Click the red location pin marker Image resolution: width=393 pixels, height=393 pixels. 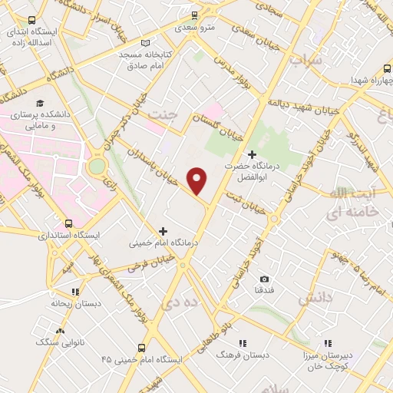click(x=198, y=180)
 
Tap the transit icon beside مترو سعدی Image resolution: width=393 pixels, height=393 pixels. click(x=194, y=15)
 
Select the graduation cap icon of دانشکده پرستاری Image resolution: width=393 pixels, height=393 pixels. click(x=40, y=103)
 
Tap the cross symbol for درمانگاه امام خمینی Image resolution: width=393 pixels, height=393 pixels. click(x=163, y=230)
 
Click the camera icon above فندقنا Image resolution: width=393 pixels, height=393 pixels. click(x=265, y=279)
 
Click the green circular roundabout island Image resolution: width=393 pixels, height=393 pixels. click(x=97, y=166)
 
